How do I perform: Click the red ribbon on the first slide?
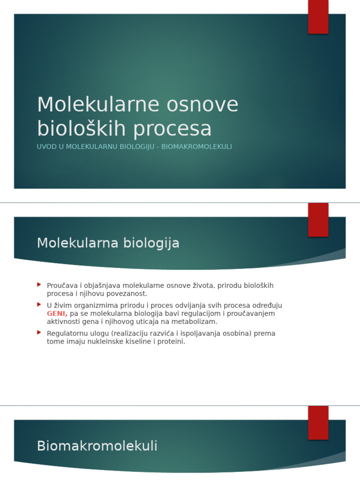(318, 16)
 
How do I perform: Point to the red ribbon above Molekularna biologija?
(318, 219)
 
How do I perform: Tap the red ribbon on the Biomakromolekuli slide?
(318, 422)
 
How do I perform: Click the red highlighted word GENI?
(57, 314)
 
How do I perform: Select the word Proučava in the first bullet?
(62, 285)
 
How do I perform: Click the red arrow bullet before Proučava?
(39, 285)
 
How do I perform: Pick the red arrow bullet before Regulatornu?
(39, 332)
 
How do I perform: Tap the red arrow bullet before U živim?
(39, 304)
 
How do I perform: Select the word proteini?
(172, 342)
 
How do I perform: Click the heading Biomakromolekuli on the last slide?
(97, 446)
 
